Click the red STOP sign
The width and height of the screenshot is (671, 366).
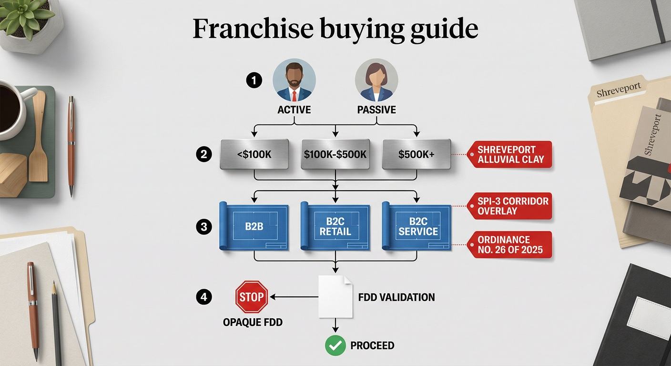(x=252, y=297)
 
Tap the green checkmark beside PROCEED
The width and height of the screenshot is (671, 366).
(x=335, y=345)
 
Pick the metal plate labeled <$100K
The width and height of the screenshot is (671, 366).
(x=254, y=154)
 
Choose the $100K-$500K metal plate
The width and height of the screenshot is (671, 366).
(x=335, y=154)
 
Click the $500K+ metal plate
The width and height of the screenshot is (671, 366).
(x=416, y=154)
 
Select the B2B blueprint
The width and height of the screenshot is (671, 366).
(x=254, y=226)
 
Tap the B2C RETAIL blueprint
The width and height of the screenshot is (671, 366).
(x=335, y=226)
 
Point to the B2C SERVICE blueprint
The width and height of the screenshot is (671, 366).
(x=417, y=226)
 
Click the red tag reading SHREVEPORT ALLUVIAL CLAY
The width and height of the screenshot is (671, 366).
(x=510, y=154)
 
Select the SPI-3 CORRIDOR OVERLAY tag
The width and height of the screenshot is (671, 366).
(x=510, y=206)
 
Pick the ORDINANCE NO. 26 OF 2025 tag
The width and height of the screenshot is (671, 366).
(x=510, y=244)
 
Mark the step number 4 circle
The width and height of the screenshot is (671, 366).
(x=203, y=297)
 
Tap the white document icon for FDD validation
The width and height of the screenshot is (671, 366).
(x=335, y=296)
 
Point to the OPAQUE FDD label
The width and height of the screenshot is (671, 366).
(x=253, y=322)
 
